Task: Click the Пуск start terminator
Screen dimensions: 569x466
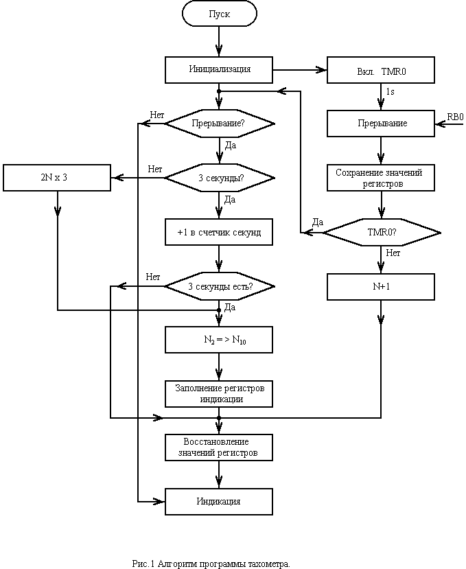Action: tap(219, 14)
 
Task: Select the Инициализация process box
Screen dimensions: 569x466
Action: tap(219, 69)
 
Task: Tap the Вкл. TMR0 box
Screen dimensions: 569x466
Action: tap(381, 69)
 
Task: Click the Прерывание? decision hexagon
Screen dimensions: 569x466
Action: tap(220, 124)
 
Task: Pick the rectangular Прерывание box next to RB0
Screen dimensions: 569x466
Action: tap(381, 124)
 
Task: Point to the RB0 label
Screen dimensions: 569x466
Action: tap(455, 117)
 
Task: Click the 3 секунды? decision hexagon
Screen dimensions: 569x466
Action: tap(220, 178)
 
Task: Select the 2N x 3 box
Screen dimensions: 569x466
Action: tap(57, 178)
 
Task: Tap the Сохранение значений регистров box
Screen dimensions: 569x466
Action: tap(381, 178)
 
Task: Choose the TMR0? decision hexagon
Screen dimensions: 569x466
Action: tap(382, 233)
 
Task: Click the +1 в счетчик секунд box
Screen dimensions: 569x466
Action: tap(219, 232)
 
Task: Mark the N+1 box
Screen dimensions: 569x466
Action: tap(381, 287)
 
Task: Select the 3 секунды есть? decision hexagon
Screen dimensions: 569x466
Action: tap(220, 286)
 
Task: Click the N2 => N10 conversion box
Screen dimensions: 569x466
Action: tap(219, 340)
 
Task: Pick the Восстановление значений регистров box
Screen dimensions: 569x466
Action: tap(219, 448)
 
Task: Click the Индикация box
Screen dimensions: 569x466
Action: tap(219, 502)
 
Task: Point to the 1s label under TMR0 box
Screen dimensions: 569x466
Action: tap(390, 92)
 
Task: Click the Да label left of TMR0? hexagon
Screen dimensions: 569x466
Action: tap(318, 222)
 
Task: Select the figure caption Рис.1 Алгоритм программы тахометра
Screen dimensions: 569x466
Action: tap(211, 564)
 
